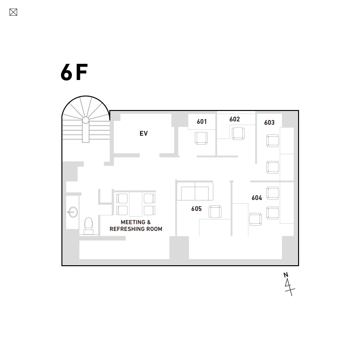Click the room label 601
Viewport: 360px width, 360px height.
pos(202,121)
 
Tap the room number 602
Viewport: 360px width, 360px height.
pos(234,119)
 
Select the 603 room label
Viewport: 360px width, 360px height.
pos(270,122)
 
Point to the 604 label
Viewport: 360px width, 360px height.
pos(257,198)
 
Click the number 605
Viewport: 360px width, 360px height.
pos(197,209)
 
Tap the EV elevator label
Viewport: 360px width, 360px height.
pos(143,133)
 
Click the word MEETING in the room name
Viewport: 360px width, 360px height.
pos(133,222)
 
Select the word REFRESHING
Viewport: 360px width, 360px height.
pos(129,229)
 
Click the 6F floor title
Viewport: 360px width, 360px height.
pos(74,72)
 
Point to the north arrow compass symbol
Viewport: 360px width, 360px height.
pos(289,284)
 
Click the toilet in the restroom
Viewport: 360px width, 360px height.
pos(89,226)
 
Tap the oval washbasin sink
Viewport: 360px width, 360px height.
pos(73,212)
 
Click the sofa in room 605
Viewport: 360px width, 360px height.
pos(195,191)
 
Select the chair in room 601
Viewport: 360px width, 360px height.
pos(201,138)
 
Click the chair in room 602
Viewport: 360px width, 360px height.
pos(238,133)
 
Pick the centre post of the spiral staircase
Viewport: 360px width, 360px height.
pos(86,120)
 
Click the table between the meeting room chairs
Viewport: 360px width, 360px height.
pos(136,204)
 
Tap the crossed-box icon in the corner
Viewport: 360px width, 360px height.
pos(13,12)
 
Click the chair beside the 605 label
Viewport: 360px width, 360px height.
pos(215,211)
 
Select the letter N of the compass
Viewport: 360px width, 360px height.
pos(286,275)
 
